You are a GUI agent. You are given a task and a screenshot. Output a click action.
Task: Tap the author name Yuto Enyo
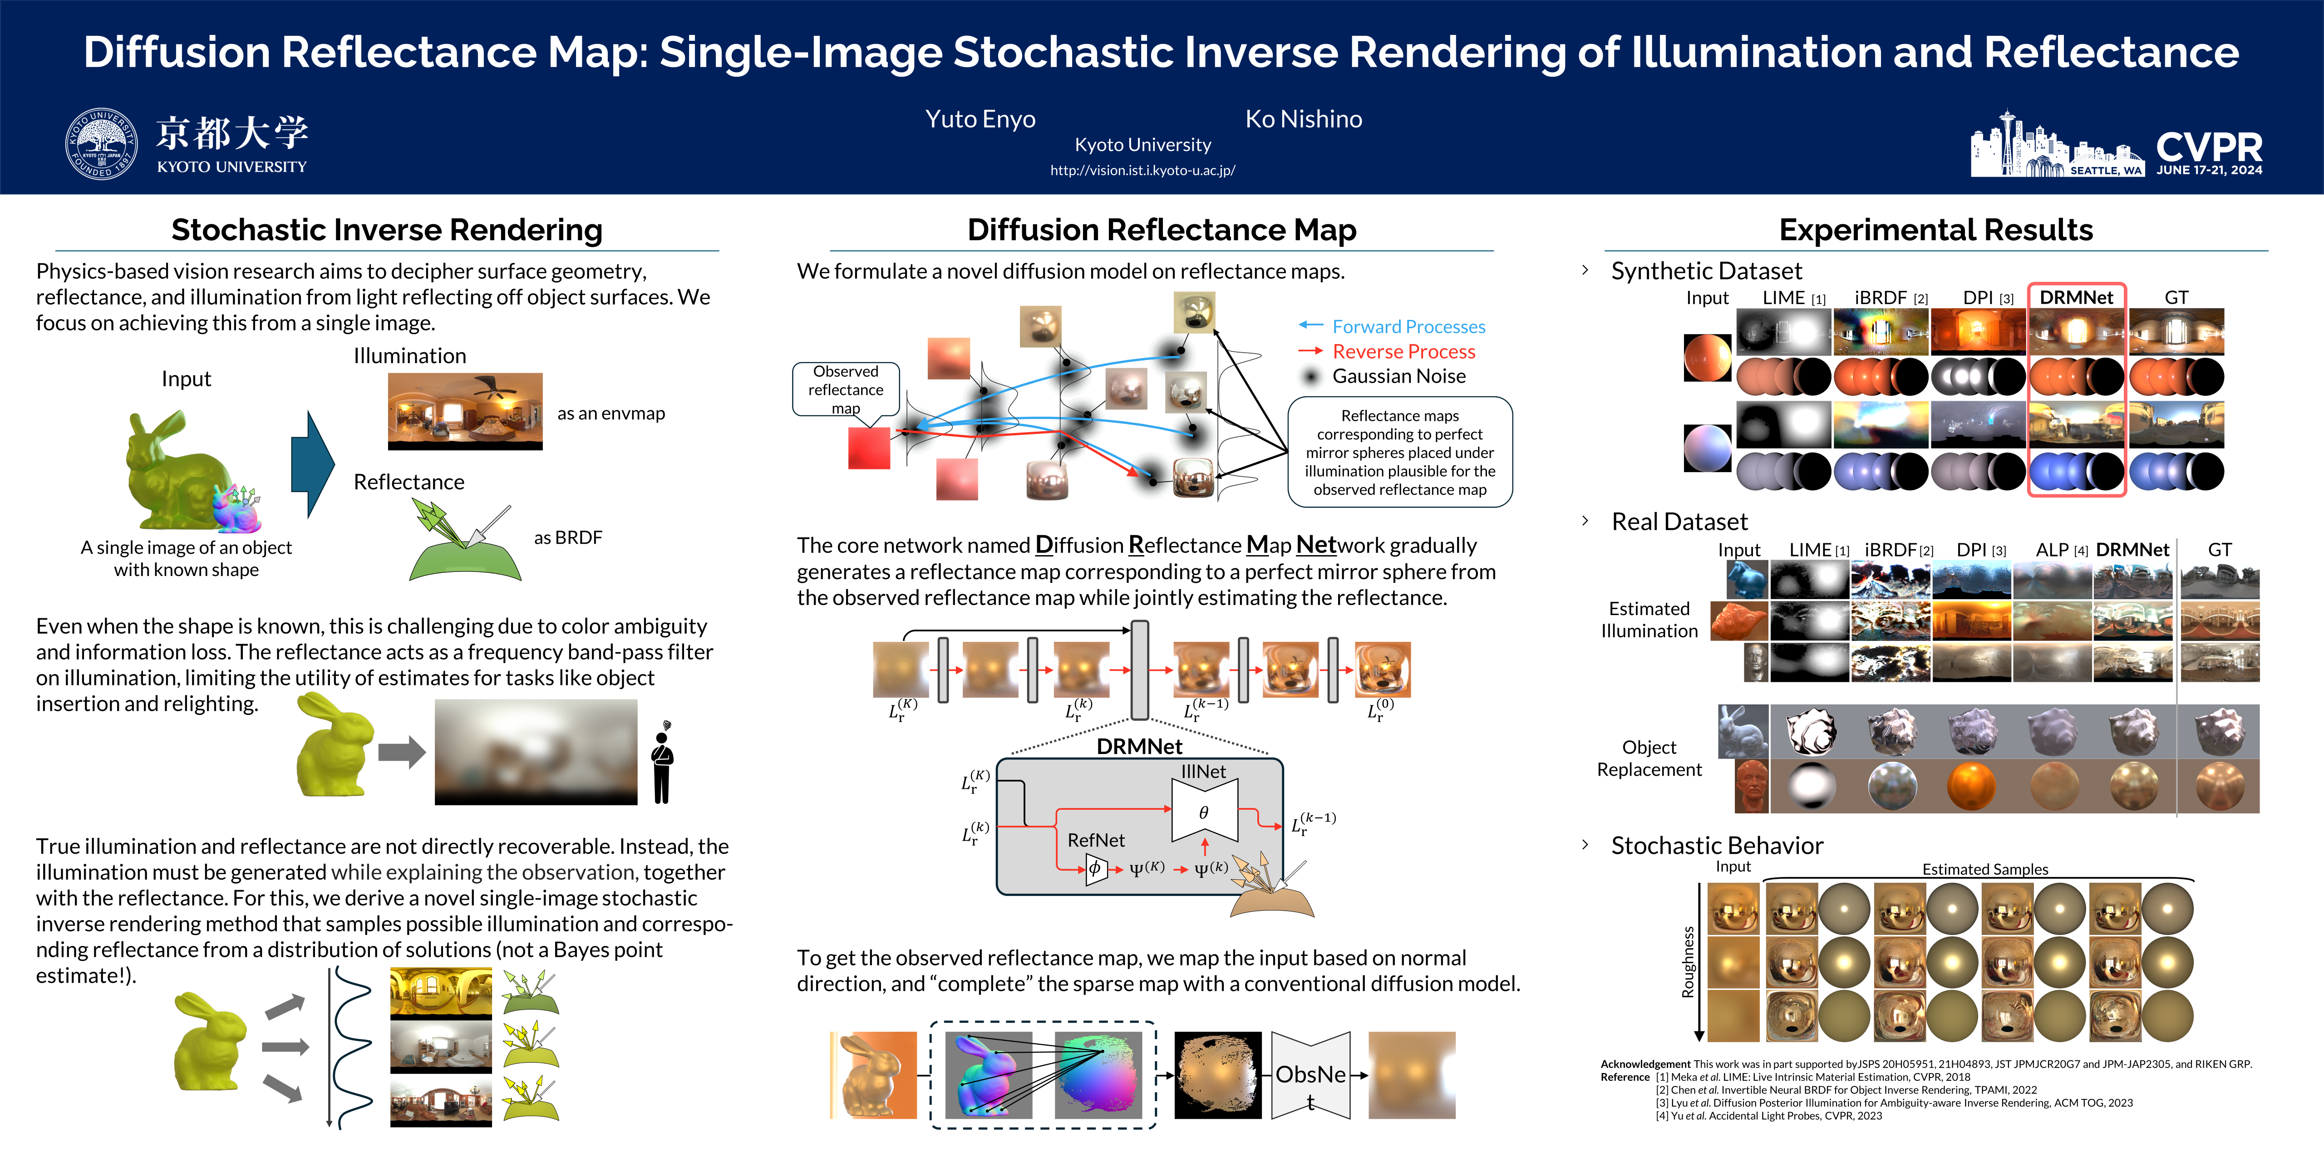point(980,119)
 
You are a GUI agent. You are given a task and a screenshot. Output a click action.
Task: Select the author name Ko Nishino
point(1304,119)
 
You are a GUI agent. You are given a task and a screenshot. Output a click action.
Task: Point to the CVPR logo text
point(2209,146)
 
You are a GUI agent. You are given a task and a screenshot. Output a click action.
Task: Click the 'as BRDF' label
point(567,538)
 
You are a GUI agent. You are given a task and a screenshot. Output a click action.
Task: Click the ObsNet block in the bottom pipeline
point(1310,1075)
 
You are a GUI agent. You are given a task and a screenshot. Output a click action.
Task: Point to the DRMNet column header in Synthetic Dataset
point(2076,298)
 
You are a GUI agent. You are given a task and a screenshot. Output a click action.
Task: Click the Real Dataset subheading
point(1679,522)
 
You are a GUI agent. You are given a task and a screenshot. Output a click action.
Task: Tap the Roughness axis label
point(1687,962)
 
